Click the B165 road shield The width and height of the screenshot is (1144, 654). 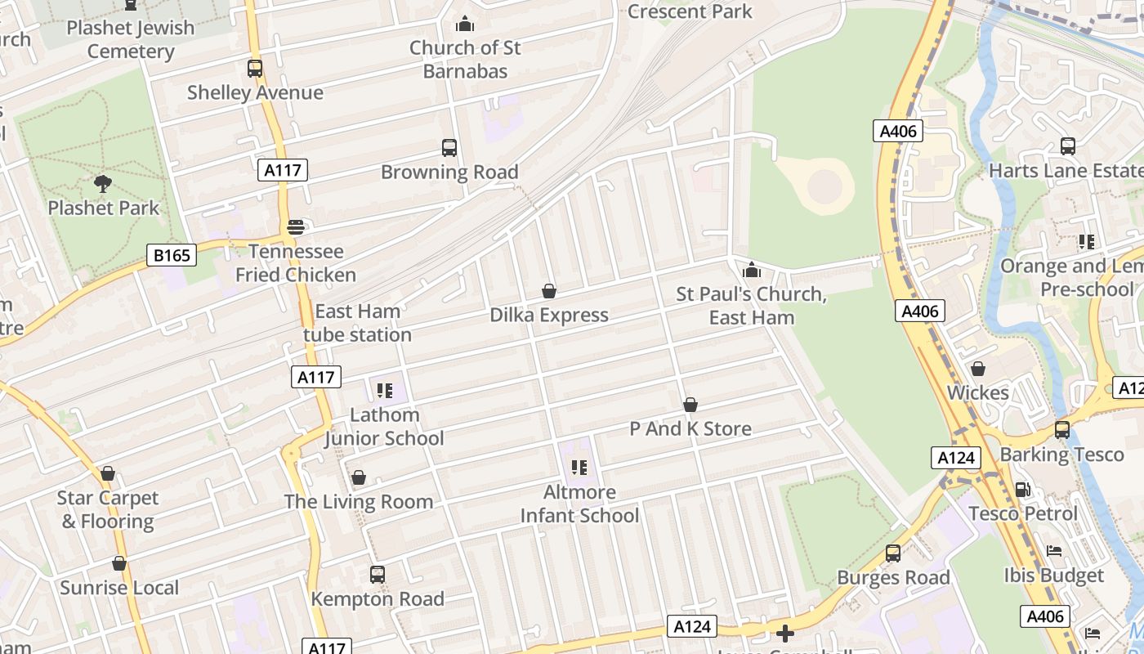pos(172,256)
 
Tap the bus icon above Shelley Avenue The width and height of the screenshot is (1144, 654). pos(255,69)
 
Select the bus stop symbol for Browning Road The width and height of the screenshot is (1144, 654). pos(449,148)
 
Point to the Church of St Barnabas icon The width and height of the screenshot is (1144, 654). pos(465,24)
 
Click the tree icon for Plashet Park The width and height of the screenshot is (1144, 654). pos(103,184)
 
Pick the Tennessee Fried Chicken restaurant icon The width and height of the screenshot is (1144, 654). pos(296,227)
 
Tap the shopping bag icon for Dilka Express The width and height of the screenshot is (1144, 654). pos(549,291)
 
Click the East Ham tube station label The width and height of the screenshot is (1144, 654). pos(358,323)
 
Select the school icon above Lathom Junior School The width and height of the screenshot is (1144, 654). pos(385,391)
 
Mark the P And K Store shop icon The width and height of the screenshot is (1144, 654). pos(690,405)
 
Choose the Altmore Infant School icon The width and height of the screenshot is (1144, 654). pos(579,468)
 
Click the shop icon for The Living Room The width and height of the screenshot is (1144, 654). pos(358,477)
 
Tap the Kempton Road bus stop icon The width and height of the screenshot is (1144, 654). pos(377,575)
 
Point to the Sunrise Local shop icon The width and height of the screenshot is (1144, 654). pos(119,563)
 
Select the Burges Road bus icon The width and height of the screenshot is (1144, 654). pos(893,553)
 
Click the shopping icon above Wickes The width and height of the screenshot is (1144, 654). pos(978,369)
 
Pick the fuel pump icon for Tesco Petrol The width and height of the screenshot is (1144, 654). pos(1022,490)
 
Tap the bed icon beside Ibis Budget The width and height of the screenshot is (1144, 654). pos(1054,551)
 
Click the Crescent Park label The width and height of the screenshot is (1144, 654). pos(690,11)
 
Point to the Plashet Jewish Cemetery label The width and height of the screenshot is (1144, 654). pos(131,39)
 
